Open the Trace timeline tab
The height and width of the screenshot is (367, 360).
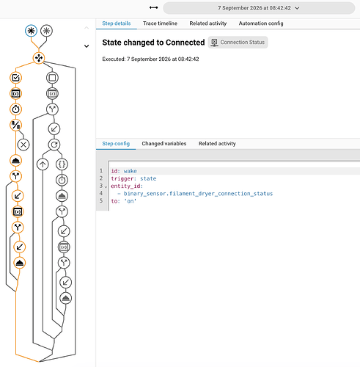[x=160, y=23]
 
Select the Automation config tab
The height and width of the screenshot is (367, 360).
[x=261, y=23]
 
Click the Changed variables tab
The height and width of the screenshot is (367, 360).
[x=164, y=144]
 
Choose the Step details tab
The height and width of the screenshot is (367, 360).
[x=117, y=23]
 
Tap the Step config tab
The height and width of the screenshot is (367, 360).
[x=116, y=144]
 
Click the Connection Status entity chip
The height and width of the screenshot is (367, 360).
[x=238, y=43]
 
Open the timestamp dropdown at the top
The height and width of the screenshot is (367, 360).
[x=259, y=8]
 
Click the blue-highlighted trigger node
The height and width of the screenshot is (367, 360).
[x=31, y=31]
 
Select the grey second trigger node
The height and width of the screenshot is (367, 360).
[x=46, y=31]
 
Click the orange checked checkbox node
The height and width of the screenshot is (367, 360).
[x=15, y=78]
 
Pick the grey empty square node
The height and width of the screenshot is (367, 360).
[x=52, y=78]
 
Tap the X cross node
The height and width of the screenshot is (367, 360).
[x=23, y=145]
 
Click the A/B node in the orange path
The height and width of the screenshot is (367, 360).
[x=15, y=125]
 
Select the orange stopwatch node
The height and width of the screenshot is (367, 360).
[x=15, y=109]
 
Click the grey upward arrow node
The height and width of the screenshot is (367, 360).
[x=43, y=164]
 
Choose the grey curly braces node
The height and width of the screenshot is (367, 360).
[x=62, y=164]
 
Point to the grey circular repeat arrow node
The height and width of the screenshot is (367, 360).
[x=54, y=145]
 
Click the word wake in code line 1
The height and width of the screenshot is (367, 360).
[x=130, y=171]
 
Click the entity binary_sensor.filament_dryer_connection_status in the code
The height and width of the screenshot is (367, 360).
[x=198, y=194]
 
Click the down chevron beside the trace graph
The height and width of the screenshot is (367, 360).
[x=87, y=46]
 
